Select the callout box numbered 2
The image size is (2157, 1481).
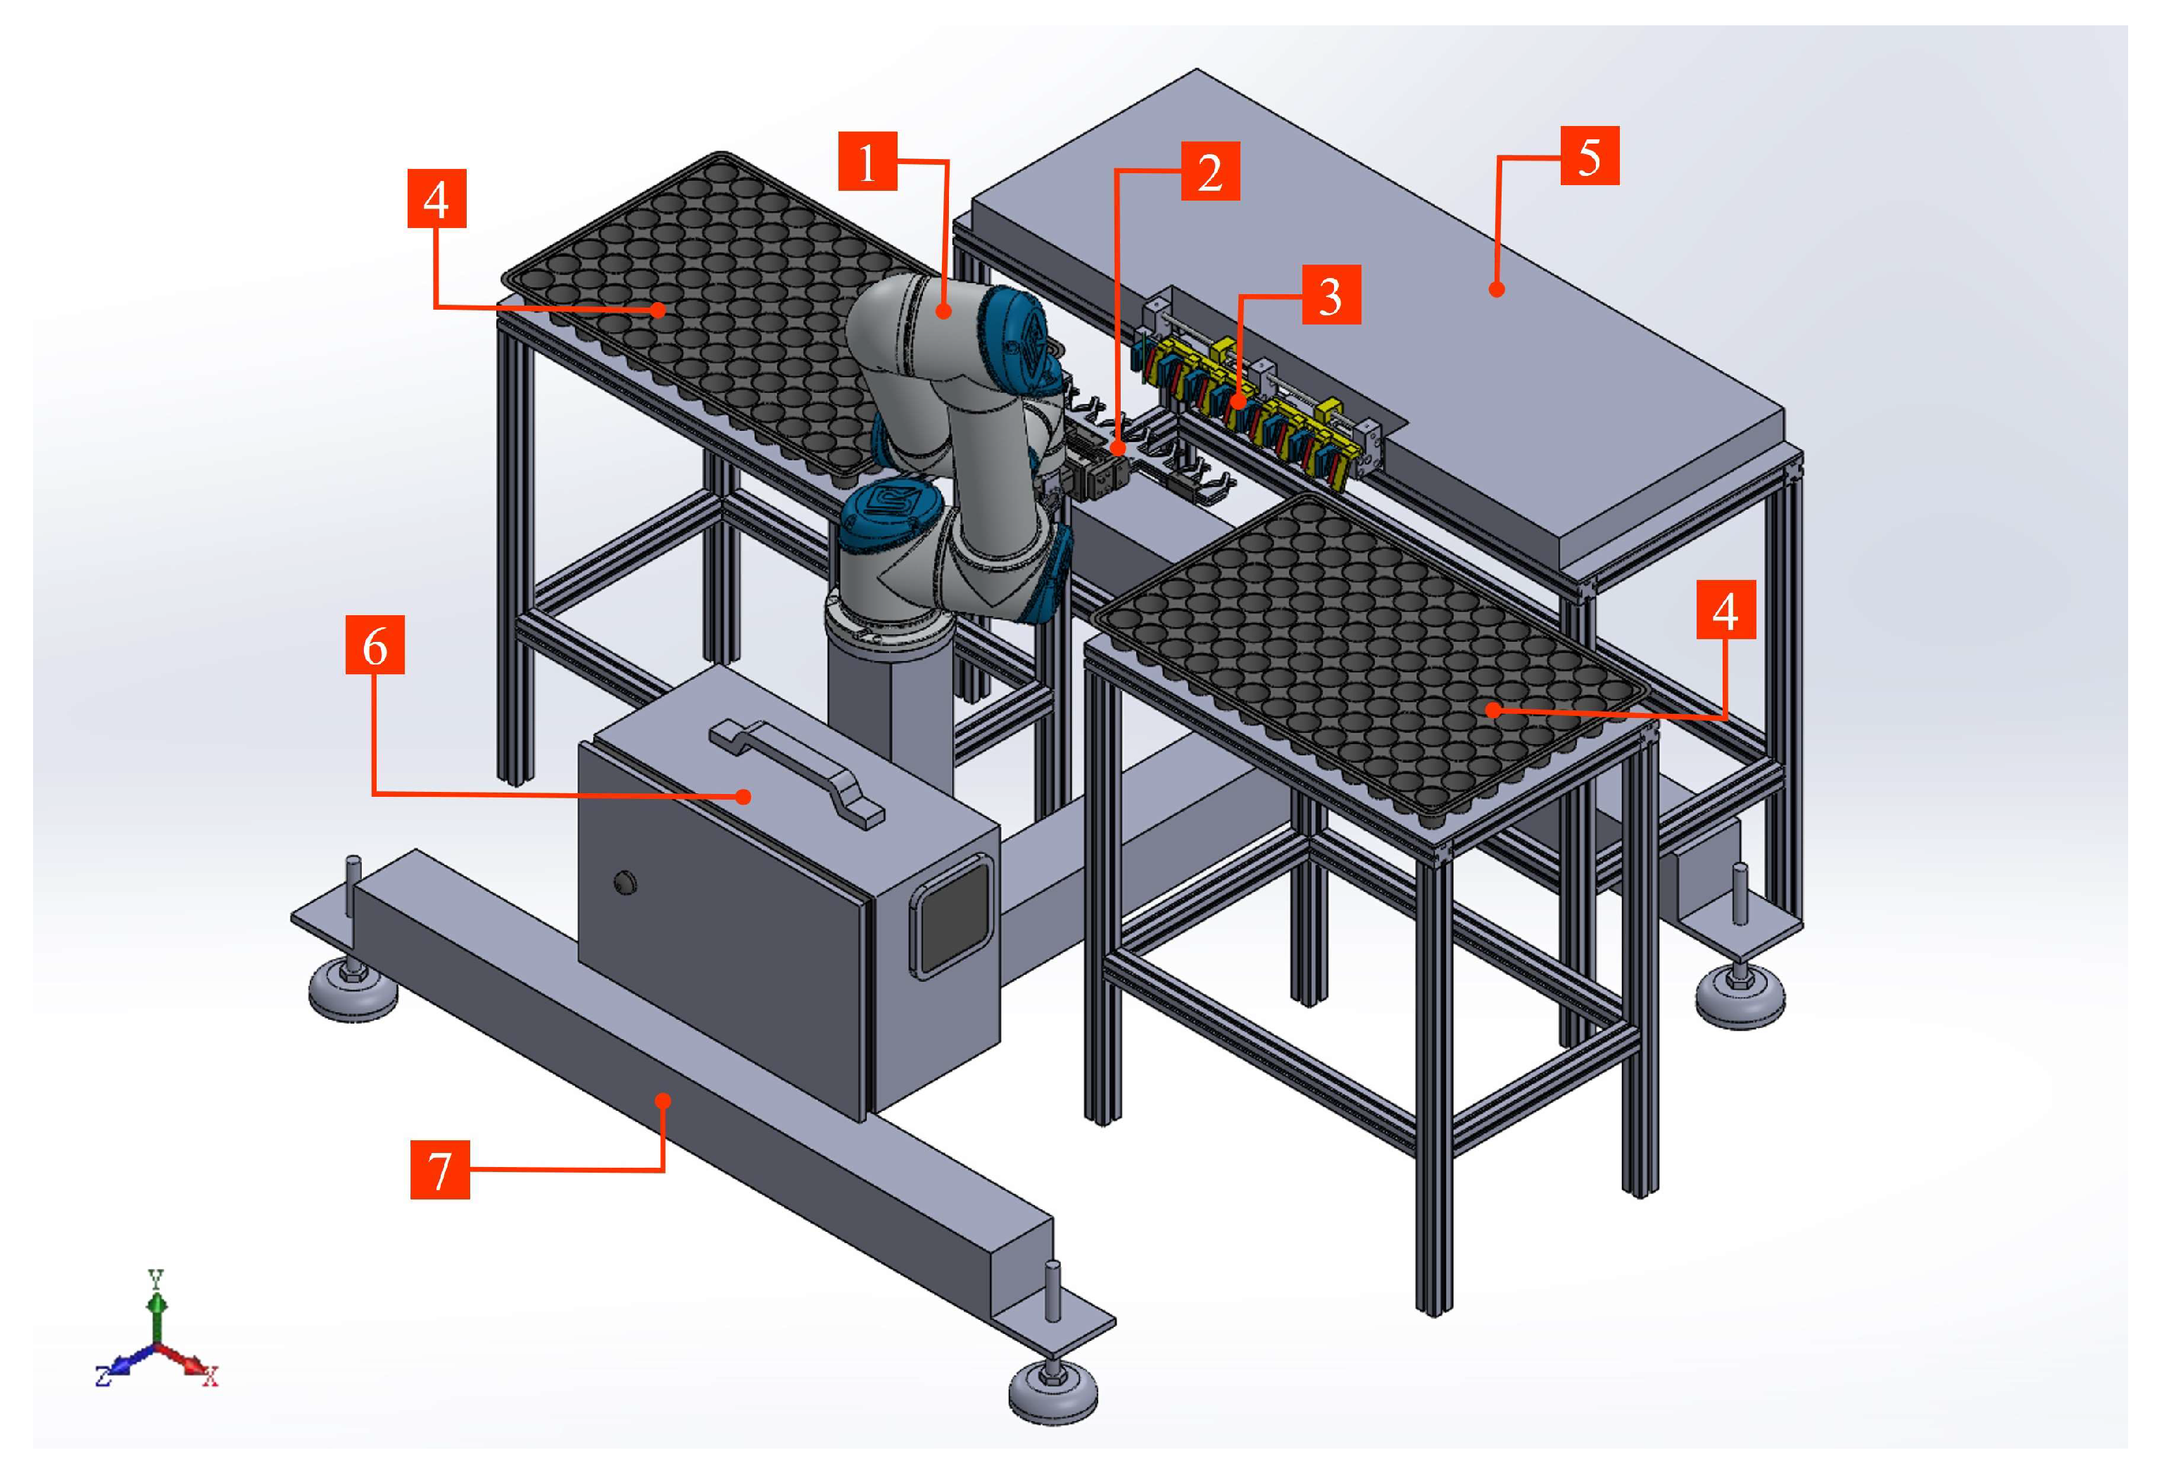point(1210,171)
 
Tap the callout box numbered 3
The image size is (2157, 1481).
point(1331,294)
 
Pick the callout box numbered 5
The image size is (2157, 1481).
point(1590,155)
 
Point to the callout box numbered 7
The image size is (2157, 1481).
point(440,1169)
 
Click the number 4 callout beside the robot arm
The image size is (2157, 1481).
point(436,198)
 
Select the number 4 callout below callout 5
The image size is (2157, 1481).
point(1725,610)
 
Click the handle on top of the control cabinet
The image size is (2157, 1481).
point(796,774)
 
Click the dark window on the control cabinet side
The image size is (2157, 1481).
point(953,916)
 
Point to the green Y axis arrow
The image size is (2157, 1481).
point(158,1307)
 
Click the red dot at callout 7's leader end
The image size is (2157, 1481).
point(662,1100)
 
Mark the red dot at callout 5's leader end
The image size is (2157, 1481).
point(1496,289)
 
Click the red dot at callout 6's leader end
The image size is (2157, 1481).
point(743,795)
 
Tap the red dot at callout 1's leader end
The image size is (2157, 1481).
point(944,311)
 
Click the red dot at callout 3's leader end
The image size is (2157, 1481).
point(1239,403)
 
